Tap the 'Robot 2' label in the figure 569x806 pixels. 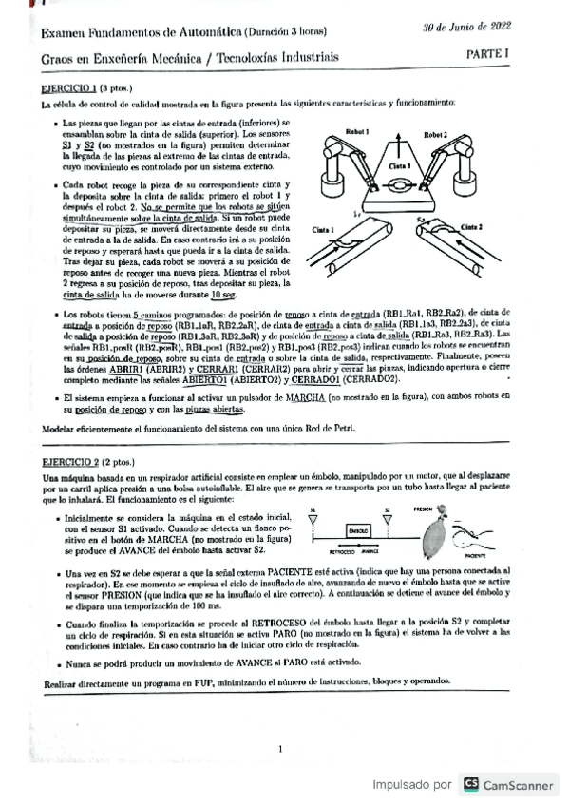438,134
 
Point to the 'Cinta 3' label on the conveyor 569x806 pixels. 398,163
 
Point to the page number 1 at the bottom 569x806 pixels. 281,750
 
